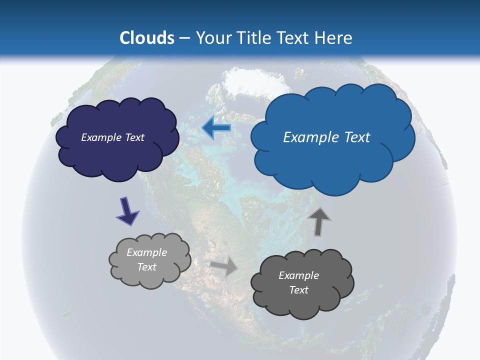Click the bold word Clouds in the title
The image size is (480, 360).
[x=147, y=38]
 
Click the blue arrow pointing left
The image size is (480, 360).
[x=216, y=128]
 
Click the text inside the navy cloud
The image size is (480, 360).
[x=112, y=137]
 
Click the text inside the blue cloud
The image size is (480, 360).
[x=326, y=137]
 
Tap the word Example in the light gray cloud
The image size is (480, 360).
[x=146, y=252]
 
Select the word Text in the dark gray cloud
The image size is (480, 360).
[x=298, y=290]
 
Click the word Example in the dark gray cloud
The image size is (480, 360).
[x=298, y=275]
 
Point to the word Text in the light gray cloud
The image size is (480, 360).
[x=146, y=267]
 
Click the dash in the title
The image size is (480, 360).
[x=184, y=38]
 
